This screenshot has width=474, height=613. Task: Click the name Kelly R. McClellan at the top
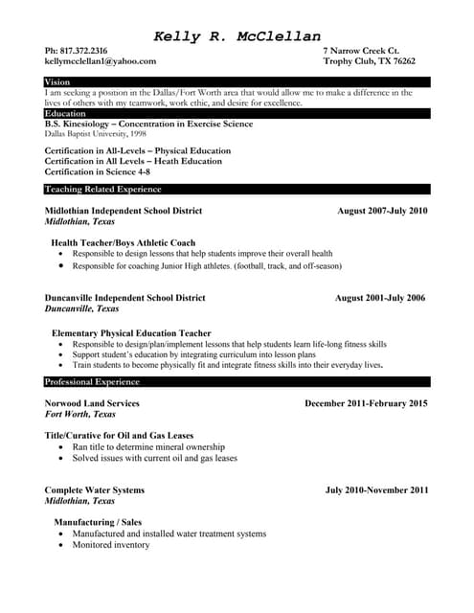point(237,36)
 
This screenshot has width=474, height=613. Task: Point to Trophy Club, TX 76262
point(369,60)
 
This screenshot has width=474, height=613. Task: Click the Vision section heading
point(57,82)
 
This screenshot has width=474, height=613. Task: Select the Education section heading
point(65,113)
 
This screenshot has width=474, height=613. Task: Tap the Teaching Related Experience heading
point(103,190)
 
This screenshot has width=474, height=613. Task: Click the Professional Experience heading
point(92,382)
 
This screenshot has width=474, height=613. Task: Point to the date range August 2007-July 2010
point(382,211)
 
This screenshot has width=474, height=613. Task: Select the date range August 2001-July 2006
point(379,298)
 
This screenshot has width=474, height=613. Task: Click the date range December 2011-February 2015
point(366,403)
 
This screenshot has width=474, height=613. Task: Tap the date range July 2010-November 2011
point(376,490)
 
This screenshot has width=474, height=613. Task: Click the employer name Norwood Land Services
point(92,403)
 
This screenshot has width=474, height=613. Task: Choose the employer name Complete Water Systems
point(95,490)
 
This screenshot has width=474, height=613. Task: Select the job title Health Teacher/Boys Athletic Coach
point(123,242)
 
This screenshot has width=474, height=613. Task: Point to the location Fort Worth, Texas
point(80,415)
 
